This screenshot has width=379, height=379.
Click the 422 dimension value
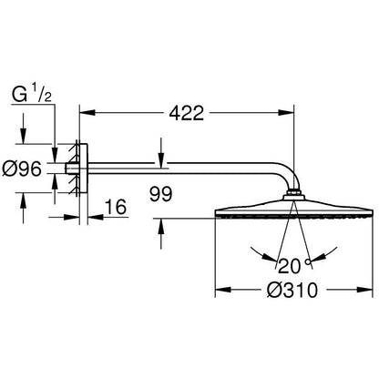point(186,113)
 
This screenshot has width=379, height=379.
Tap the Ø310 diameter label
point(292,290)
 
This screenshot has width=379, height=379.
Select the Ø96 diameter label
point(22,169)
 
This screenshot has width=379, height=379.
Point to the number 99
point(160,194)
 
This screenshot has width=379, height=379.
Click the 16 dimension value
point(116,207)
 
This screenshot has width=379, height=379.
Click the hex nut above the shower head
point(293,192)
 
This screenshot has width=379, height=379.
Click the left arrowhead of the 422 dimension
point(87,113)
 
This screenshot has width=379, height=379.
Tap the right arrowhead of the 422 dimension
point(287,113)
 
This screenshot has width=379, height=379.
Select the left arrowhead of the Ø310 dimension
point(223,290)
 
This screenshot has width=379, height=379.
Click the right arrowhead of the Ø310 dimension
point(364,290)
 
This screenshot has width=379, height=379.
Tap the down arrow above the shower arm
point(161,159)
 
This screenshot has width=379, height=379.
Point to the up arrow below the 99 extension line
point(161,227)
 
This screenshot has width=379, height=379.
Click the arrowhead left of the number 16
point(72,217)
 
